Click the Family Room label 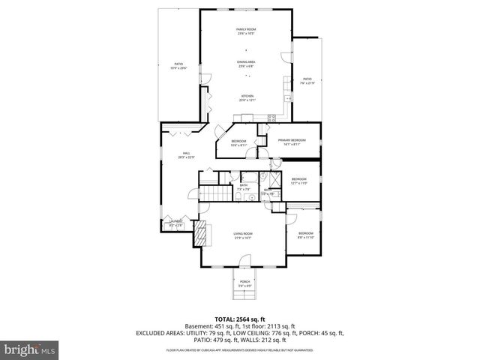tap(246, 31)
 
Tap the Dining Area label tap(246, 64)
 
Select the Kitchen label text tap(246, 97)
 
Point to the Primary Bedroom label tap(292, 142)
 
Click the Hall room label tap(181, 156)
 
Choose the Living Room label tap(242, 235)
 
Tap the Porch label tap(244, 284)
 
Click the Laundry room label tap(176, 223)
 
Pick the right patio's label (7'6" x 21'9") tap(307, 80)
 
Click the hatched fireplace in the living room tap(201, 235)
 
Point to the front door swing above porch tap(244, 262)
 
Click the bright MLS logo tap(30, 349)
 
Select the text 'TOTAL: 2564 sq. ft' tap(240, 319)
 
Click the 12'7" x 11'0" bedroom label tap(298, 181)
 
